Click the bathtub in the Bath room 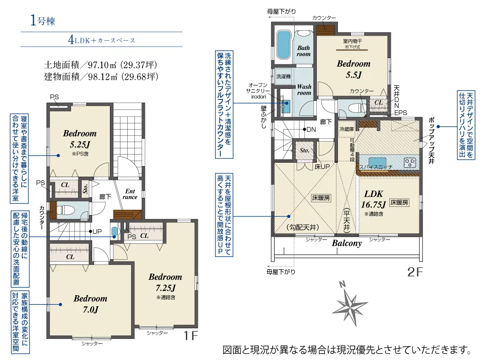point(283,45)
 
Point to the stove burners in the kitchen point(410,163)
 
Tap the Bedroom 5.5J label point(354,69)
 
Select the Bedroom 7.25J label point(165,282)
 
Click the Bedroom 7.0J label point(91,304)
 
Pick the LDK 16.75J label point(373,199)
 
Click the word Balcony point(347,243)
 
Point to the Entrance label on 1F point(130,194)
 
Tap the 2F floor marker point(415,272)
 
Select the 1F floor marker point(191,336)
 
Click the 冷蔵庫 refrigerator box point(347,129)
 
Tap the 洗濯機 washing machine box point(284,76)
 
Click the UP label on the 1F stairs point(97,231)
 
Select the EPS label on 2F point(401,113)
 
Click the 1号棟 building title point(43,21)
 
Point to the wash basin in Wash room point(287,106)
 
